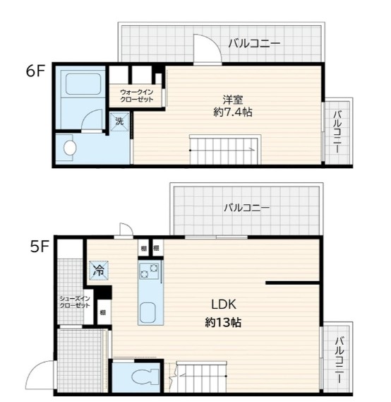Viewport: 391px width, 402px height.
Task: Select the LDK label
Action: pyautogui.click(x=223, y=305)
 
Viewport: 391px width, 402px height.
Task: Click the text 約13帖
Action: pyautogui.click(x=224, y=321)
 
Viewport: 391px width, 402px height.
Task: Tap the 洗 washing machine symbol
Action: pyautogui.click(x=119, y=121)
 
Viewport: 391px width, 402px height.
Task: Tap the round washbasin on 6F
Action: pyautogui.click(x=69, y=148)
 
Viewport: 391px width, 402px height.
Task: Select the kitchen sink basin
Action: pyautogui.click(x=149, y=312)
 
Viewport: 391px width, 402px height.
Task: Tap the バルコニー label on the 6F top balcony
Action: pyautogui.click(x=254, y=44)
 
